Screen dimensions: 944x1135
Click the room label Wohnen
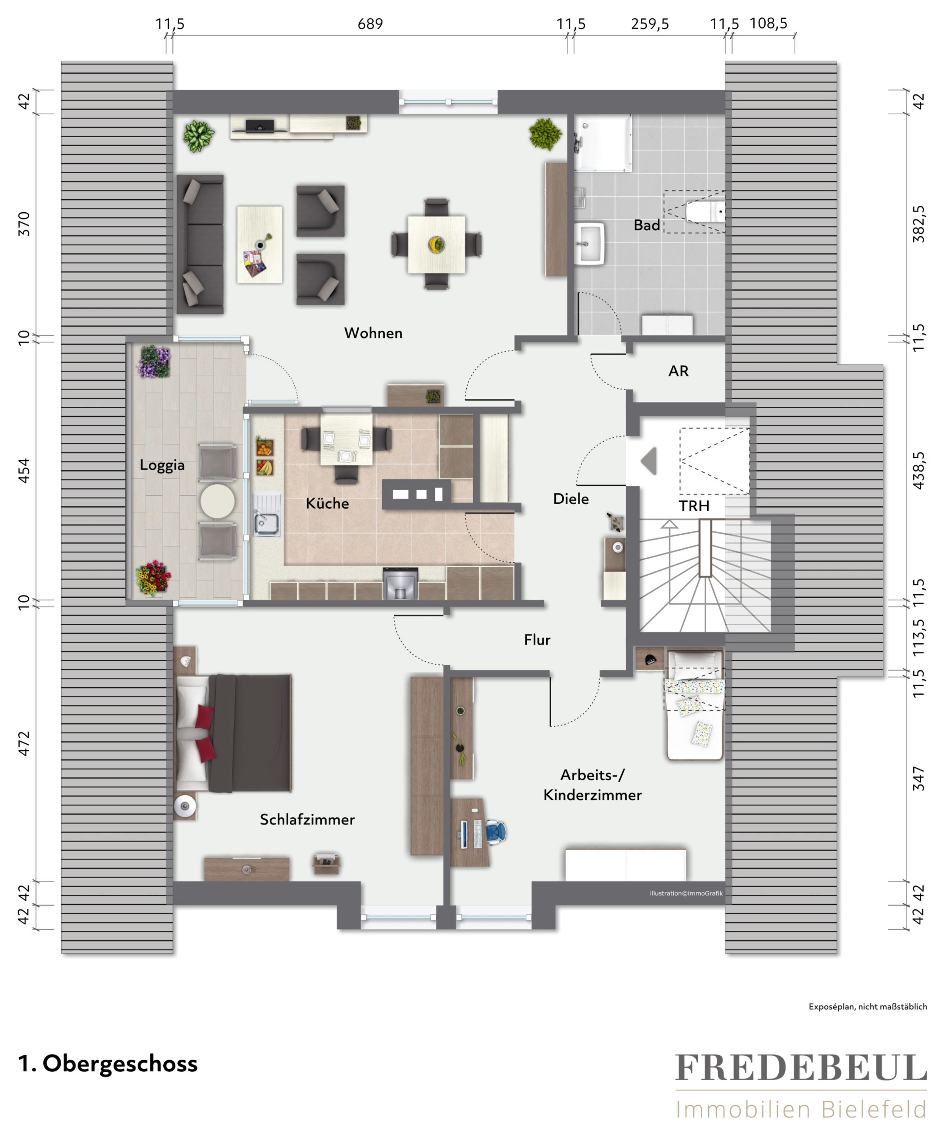pos(373,333)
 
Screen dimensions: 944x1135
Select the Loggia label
pos(162,465)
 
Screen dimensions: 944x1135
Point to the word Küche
pos(327,503)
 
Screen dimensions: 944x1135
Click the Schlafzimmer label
pos(307,820)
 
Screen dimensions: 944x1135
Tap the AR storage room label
pos(678,371)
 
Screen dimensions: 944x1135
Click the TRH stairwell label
pos(694,506)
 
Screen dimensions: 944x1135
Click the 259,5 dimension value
pos(650,24)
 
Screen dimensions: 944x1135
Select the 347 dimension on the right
pos(918,778)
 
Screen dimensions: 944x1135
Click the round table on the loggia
pos(217,501)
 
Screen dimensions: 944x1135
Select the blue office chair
pos(496,831)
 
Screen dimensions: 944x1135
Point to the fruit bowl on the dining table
pos(436,244)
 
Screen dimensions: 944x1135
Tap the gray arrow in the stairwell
pos(649,461)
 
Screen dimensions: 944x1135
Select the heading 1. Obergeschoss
pos(108,1064)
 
